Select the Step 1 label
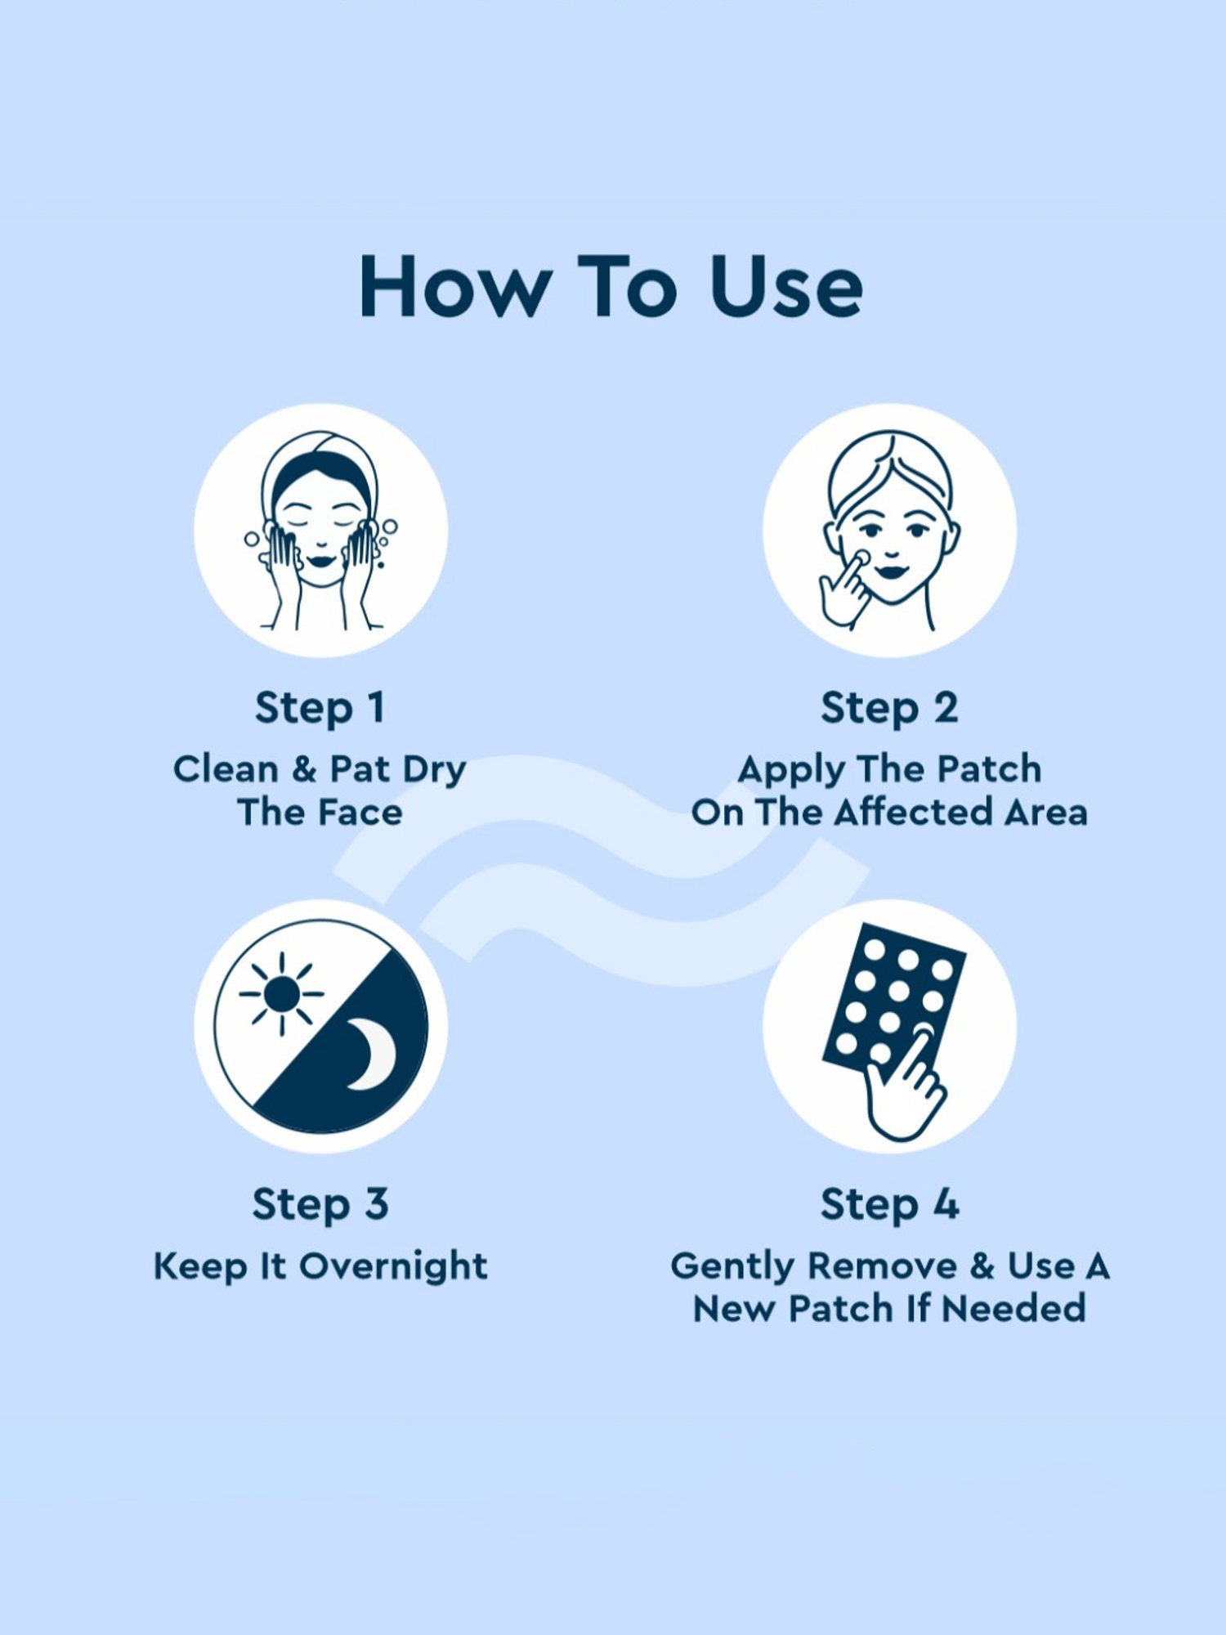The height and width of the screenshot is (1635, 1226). coord(320,708)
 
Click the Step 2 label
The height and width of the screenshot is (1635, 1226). coord(889,708)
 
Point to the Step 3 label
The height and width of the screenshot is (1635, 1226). coord(320,1204)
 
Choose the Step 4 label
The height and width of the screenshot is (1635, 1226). coord(889,1204)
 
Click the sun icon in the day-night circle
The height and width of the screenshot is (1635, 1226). coord(282,994)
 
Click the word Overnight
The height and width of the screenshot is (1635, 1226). coord(393,1266)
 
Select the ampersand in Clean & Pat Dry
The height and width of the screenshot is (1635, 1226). coord(304,769)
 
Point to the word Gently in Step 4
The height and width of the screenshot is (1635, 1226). coord(732,1266)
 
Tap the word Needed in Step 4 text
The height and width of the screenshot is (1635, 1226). coord(1013,1309)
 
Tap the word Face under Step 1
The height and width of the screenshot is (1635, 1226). coord(360,813)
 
